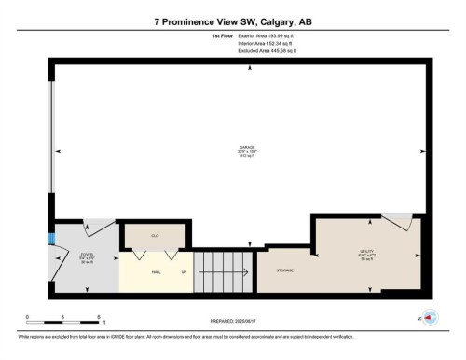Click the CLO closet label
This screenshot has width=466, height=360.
tap(155, 236)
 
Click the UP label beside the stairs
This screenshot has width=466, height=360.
tap(184, 272)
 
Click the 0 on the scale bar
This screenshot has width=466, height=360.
tap(27, 316)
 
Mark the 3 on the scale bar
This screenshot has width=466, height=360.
tap(62, 316)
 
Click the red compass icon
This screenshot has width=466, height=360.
tap(430, 317)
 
